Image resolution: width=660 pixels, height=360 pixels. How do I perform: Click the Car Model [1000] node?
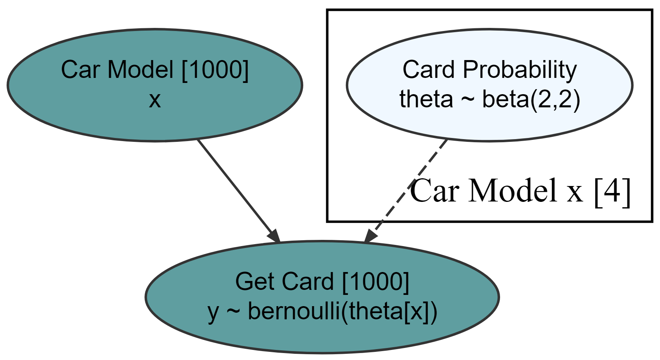point(154,85)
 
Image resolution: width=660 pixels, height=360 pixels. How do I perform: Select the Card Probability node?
point(490,85)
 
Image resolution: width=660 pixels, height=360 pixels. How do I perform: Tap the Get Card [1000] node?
point(322,297)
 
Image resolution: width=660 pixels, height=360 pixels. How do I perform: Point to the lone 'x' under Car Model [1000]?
point(155,100)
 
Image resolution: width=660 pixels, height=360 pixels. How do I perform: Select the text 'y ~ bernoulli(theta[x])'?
point(322,311)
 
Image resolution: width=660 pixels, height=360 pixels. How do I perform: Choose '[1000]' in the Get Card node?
point(376,282)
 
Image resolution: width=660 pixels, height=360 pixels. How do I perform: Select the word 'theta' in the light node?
point(426,100)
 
